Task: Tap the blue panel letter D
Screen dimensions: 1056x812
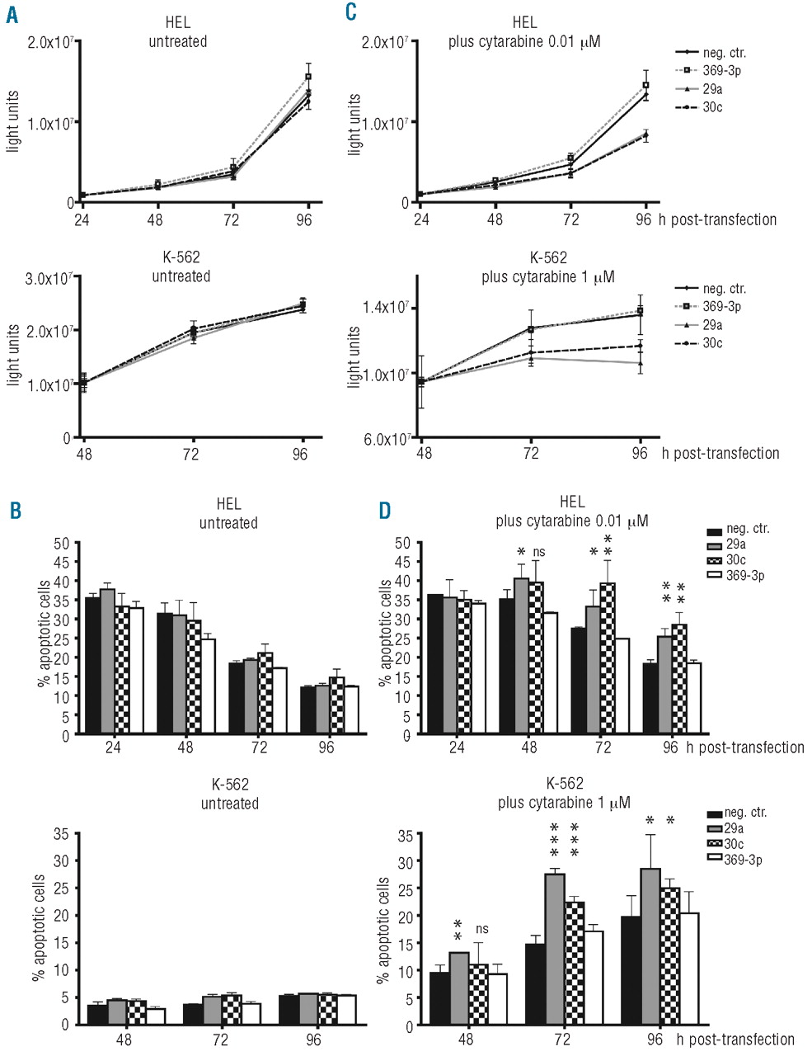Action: point(384,511)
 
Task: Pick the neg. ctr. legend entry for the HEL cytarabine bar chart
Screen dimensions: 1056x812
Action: point(740,530)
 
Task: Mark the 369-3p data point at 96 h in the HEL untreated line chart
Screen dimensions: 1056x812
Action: point(308,77)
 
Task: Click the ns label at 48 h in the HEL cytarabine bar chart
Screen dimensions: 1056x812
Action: point(537,552)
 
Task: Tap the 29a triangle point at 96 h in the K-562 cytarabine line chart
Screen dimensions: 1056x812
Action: point(640,362)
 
